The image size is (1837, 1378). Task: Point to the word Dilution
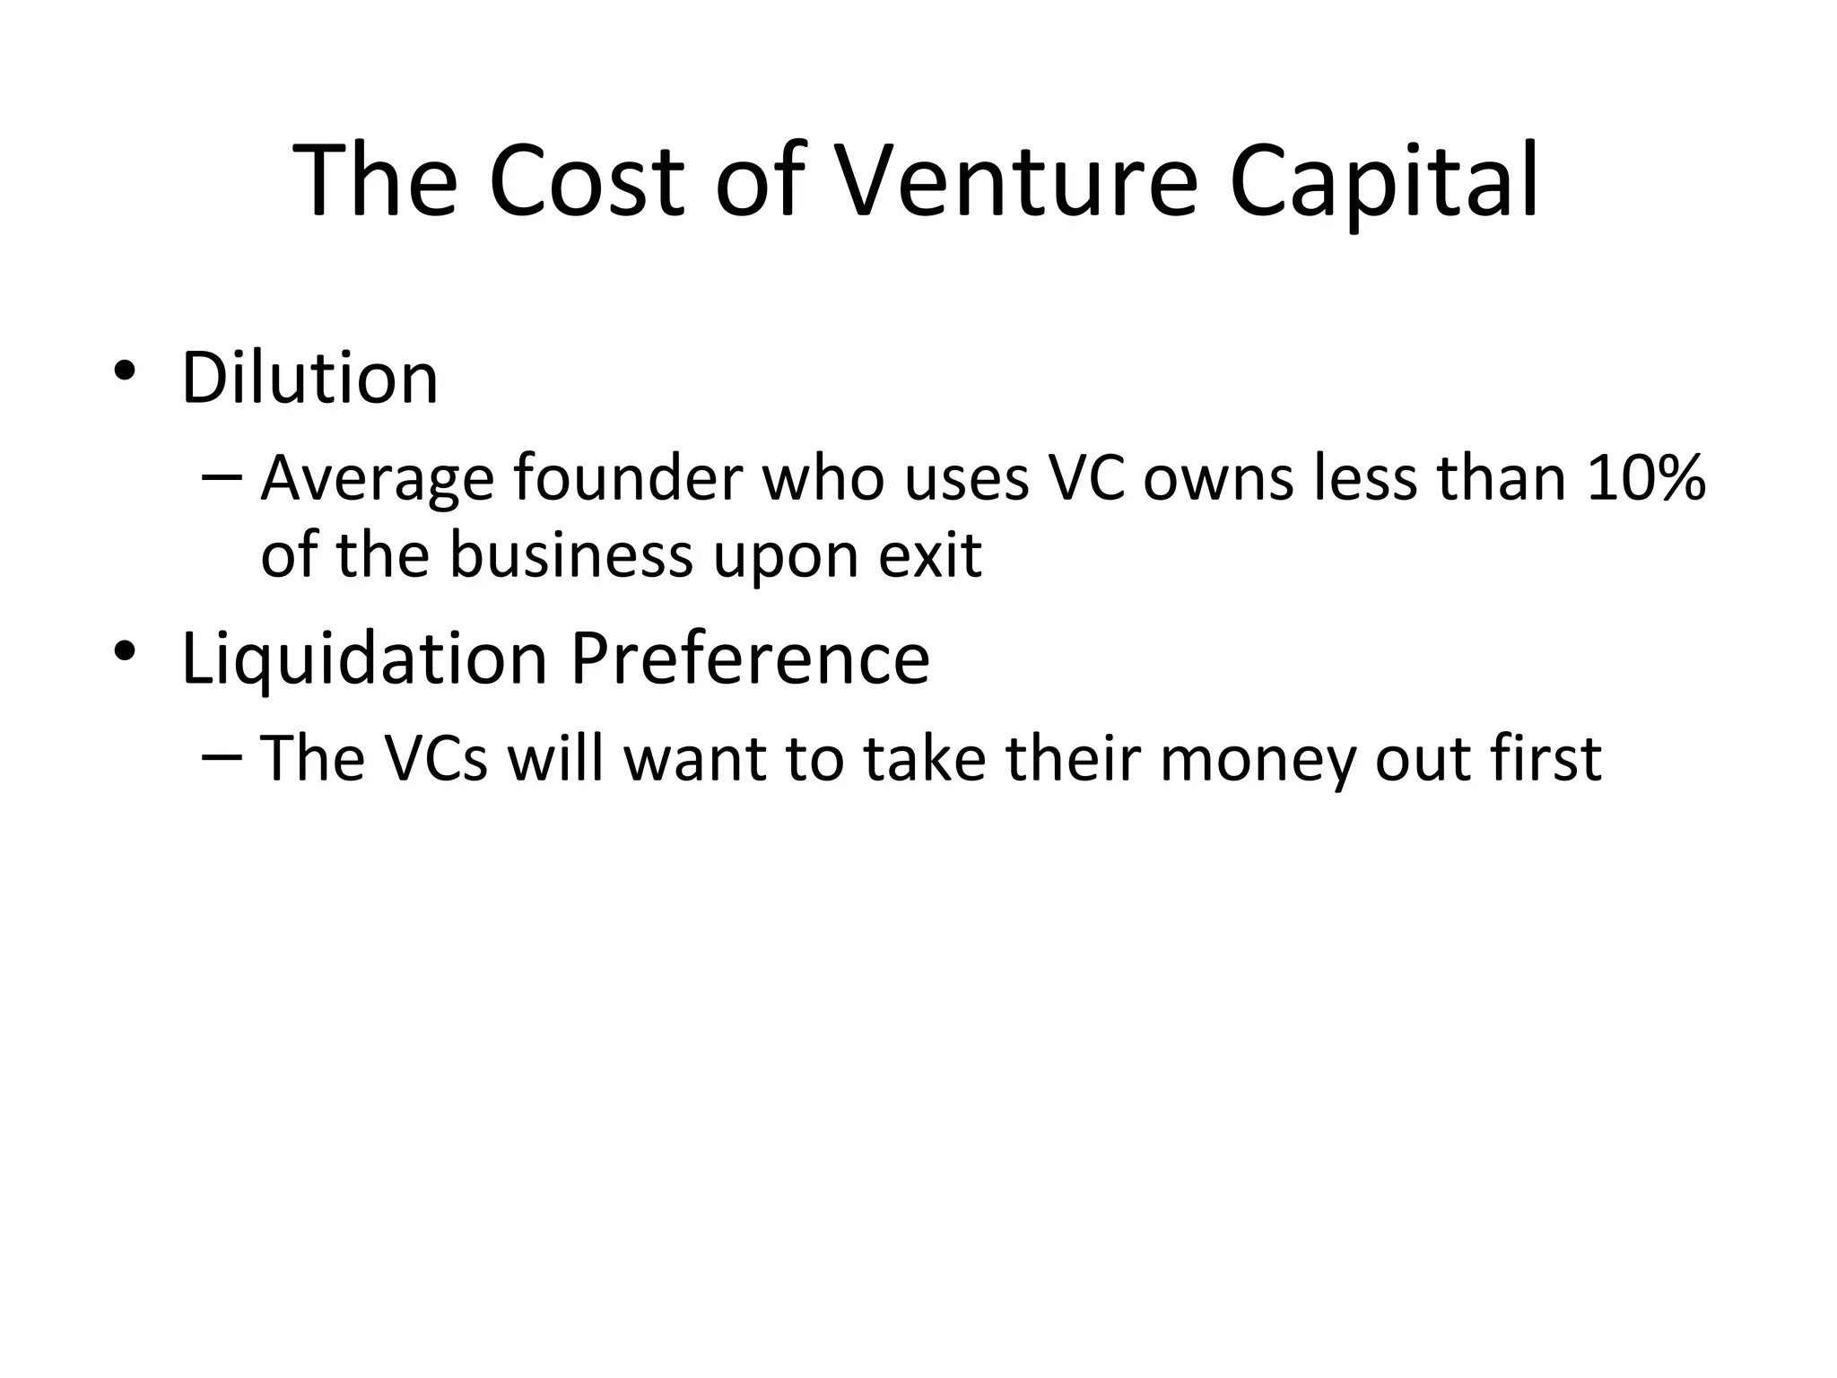(x=309, y=379)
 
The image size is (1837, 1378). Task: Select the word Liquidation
(x=364, y=660)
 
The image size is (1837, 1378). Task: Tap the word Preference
(x=750, y=658)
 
